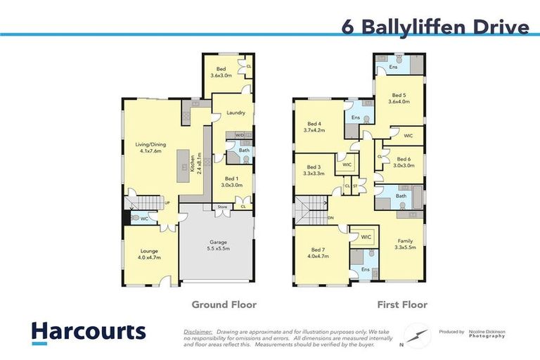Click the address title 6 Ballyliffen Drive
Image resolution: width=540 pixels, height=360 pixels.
point(435,27)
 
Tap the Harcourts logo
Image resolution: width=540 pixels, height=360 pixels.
point(88,331)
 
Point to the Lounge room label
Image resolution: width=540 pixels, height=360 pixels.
point(148,254)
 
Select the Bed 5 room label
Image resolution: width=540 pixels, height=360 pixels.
point(399,98)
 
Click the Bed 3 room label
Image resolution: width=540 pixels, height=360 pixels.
point(314,170)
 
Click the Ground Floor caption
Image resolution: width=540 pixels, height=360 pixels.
point(224,304)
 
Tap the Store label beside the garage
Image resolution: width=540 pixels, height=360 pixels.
point(222,207)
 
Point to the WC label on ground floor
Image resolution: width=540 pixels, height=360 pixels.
point(144,219)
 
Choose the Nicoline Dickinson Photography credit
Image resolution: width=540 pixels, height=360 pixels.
point(488,333)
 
